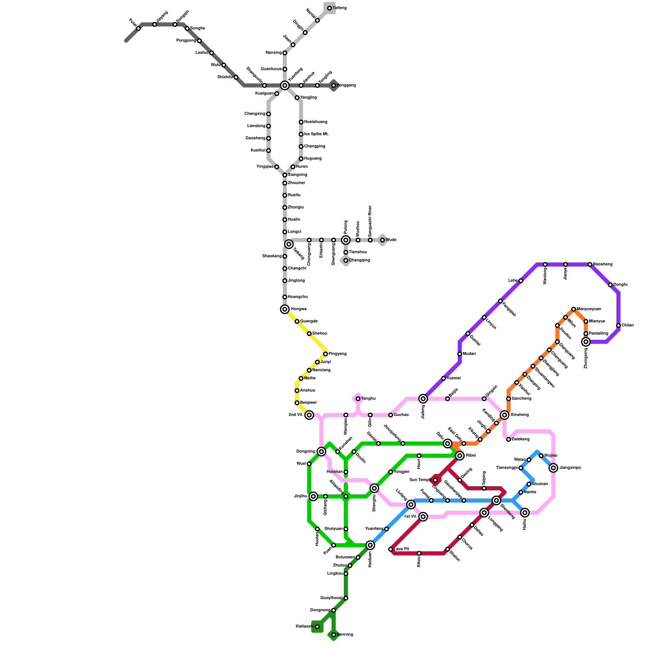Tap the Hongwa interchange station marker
285,309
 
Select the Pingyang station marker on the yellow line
325,354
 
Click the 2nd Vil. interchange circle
309,415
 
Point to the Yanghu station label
368,399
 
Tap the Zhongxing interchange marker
586,342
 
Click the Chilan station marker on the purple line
618,325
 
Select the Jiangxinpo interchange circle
553,468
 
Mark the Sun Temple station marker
435,480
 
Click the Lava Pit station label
401,549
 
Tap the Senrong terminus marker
334,635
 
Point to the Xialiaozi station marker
317,627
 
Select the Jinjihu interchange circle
313,496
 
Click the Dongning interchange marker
321,452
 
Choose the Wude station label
391,240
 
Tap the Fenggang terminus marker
334,85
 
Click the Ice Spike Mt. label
316,134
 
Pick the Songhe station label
198,28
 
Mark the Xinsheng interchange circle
505,415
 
